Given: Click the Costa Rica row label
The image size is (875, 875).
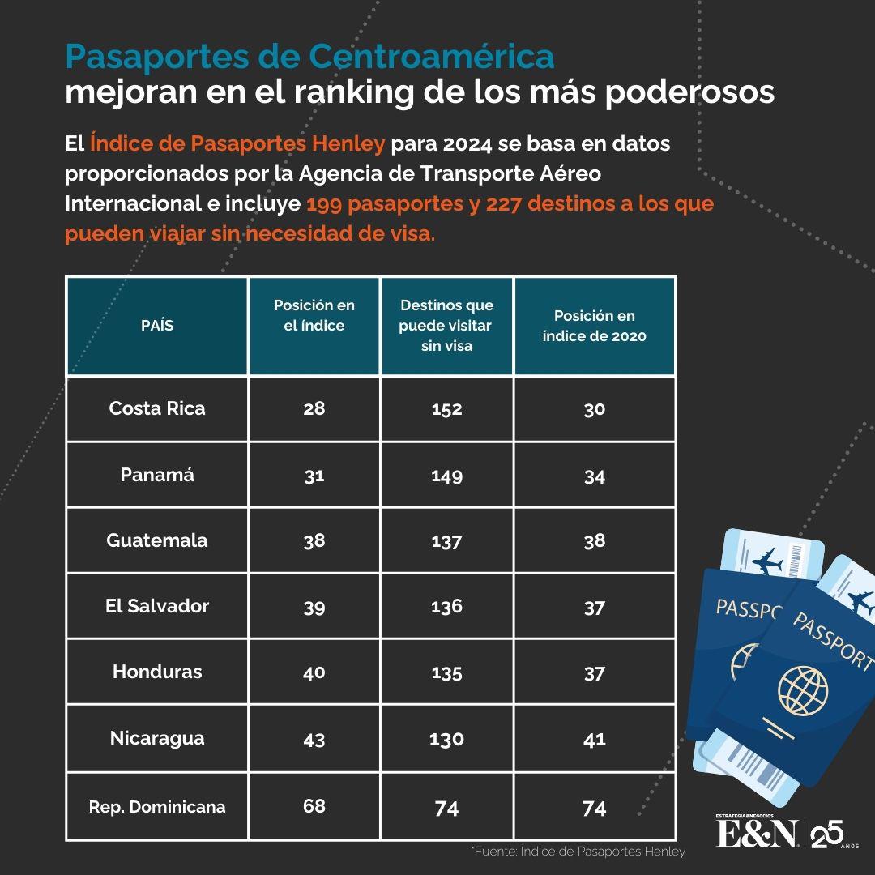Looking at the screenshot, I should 157,408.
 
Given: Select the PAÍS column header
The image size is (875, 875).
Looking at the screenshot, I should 157,326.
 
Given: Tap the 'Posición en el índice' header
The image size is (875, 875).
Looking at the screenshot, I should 314,315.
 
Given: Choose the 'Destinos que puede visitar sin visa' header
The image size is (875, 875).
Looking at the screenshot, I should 446,325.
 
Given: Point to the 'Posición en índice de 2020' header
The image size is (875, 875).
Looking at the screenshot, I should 595,325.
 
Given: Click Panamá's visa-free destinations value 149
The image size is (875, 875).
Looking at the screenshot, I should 446,476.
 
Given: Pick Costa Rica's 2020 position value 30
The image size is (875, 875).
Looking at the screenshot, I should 595,409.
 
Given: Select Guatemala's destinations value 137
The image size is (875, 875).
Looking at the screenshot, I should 446,541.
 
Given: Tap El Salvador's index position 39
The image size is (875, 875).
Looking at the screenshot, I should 314,607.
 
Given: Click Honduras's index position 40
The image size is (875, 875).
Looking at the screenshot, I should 314,672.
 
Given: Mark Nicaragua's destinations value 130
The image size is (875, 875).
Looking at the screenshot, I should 446,739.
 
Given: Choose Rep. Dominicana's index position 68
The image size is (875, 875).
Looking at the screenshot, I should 314,806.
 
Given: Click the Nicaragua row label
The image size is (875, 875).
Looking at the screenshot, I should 157,738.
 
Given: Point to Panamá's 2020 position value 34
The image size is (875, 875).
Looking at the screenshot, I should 595,476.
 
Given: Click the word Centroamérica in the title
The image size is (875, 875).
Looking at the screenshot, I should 432,56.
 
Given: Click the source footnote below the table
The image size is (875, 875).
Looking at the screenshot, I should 578,852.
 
